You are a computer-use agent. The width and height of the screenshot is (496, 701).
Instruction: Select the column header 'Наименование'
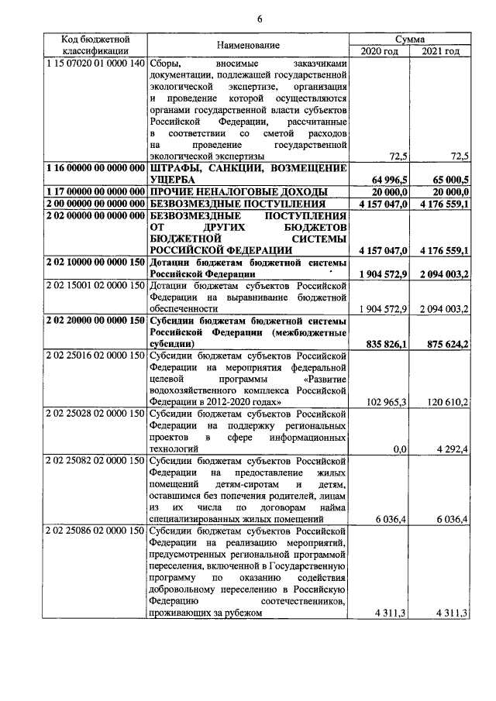(247, 45)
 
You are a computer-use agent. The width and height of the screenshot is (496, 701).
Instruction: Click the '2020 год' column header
(379, 51)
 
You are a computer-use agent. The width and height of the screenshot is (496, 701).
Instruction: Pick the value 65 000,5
(447, 179)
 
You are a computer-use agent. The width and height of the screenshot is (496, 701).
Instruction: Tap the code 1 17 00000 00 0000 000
(95, 191)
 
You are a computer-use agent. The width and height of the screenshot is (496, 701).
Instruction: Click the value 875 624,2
(447, 343)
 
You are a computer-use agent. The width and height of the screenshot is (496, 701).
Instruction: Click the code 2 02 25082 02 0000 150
(95, 461)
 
